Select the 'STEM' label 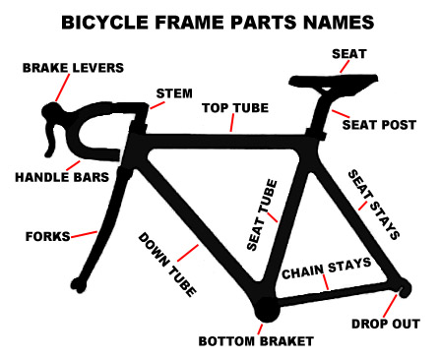(x=173, y=94)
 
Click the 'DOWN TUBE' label (x=168, y=264)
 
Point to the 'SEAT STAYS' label (x=375, y=205)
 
